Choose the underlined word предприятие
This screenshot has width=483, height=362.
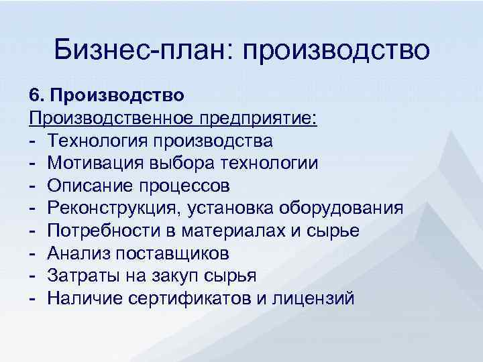pos(262,118)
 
